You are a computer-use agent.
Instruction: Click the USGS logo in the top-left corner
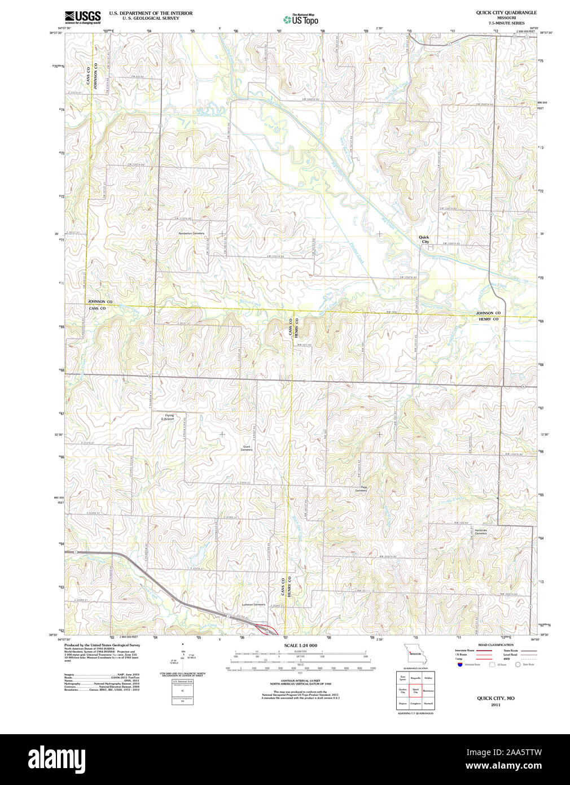tap(82, 16)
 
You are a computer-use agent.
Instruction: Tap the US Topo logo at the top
tap(301, 20)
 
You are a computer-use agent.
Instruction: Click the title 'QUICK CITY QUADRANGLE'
tap(506, 12)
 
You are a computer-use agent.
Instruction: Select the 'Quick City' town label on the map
tap(424, 239)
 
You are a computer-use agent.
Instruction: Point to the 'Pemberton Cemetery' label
tap(191, 233)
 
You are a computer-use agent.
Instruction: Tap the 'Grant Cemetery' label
tap(247, 448)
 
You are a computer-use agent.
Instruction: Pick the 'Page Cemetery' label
tap(361, 489)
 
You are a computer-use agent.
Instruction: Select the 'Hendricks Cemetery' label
tap(480, 531)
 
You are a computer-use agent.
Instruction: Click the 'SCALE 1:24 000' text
tap(300, 646)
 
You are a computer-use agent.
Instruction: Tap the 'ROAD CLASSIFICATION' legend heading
tap(496, 645)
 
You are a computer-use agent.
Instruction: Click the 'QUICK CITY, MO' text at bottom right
tap(496, 699)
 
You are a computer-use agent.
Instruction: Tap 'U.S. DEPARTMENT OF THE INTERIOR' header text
tap(151, 13)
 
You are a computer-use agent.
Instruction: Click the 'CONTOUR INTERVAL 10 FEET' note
tap(300, 681)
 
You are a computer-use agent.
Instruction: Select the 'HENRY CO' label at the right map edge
tap(488, 320)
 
